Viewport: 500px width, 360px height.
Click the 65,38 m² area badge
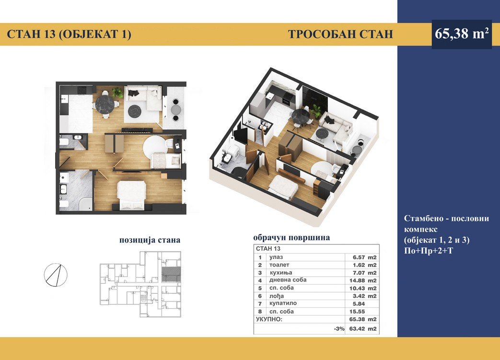(462, 34)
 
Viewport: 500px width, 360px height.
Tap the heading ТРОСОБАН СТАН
(340, 34)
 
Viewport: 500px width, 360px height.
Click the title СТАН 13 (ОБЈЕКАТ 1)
(69, 34)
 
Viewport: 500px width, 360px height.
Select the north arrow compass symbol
(56, 275)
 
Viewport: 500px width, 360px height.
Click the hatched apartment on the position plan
(171, 274)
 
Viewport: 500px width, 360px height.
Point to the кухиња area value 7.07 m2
(364, 273)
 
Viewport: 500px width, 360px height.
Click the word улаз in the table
(276, 257)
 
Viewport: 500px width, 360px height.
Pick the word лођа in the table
(277, 296)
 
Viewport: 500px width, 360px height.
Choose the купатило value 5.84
(359, 304)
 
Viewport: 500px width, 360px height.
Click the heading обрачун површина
(291, 238)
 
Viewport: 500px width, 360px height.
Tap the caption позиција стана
(150, 240)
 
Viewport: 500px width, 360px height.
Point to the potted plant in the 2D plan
(117, 93)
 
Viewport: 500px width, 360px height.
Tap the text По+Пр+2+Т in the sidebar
(428, 251)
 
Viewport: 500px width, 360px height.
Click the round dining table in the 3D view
(301, 115)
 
